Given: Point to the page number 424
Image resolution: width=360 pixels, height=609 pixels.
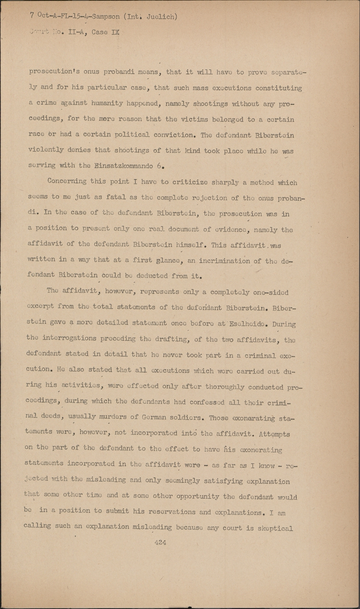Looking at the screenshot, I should [160, 542].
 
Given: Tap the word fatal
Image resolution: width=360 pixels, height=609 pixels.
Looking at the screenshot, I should [116, 197].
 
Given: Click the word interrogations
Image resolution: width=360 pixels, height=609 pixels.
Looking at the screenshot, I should [69, 338].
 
